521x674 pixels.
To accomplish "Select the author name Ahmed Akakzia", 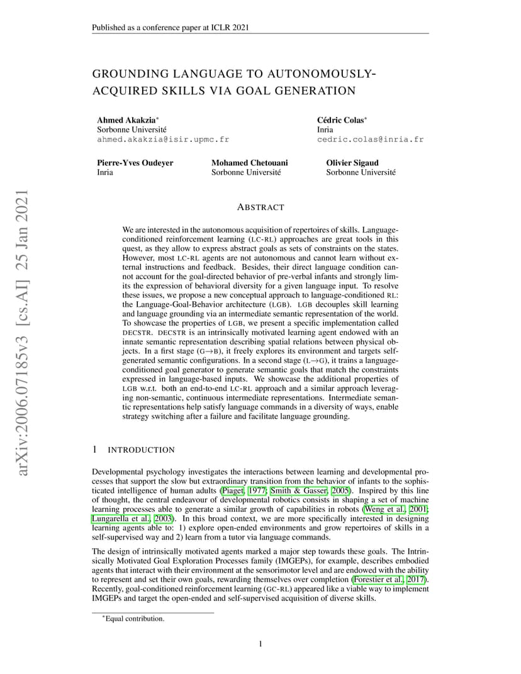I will click(123, 119).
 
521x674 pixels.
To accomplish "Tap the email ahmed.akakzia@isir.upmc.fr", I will click(162, 140).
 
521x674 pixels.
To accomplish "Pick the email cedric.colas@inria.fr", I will click(370, 140).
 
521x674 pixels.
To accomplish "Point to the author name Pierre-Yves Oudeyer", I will click(135, 162).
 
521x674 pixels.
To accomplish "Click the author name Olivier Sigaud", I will click(352, 162).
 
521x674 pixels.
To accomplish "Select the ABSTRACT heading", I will click(260, 207).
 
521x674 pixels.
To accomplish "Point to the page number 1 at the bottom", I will click(260, 643).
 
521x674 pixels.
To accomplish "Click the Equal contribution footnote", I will click(134, 619).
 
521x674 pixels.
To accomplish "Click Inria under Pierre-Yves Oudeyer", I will click(105, 172).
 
